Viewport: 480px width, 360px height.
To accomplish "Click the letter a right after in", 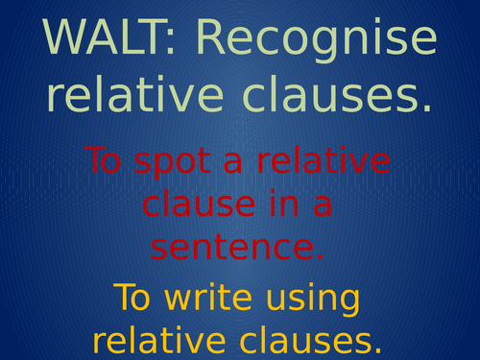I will click(x=327, y=205).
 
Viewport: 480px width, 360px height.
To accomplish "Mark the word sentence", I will click(x=230, y=248).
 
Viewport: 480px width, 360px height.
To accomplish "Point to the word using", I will click(x=313, y=301).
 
